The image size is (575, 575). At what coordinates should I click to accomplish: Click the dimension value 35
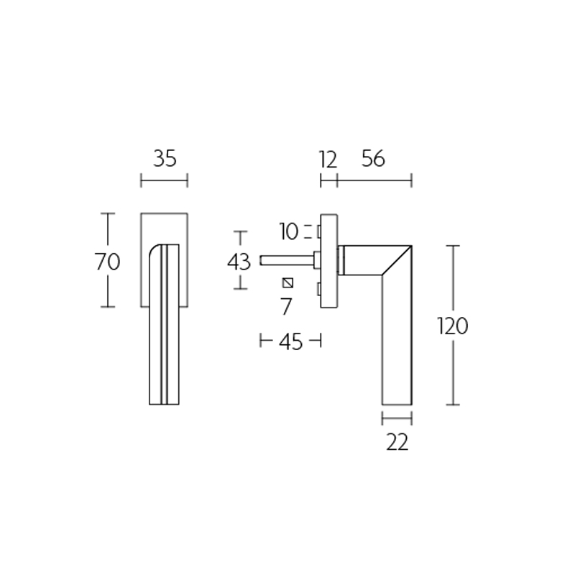[165, 159]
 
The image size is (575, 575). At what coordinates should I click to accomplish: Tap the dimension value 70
[107, 262]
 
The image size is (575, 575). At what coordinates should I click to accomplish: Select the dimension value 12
[327, 160]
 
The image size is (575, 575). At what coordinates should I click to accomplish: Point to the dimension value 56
[373, 159]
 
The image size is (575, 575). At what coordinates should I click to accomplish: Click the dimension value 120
[453, 326]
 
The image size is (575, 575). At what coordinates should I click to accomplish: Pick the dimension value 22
[397, 443]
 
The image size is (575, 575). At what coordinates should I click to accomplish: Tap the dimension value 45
[290, 342]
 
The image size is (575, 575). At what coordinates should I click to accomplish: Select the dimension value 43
[239, 262]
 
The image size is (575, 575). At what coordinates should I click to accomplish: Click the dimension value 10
[288, 231]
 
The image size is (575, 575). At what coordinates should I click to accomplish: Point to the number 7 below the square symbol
[286, 307]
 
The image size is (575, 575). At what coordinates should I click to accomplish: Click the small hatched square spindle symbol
[288, 281]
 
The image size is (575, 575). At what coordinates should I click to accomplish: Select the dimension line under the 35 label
[164, 180]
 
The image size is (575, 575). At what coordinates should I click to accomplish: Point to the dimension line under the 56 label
[374, 180]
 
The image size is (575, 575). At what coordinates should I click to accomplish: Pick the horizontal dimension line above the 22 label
[397, 418]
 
